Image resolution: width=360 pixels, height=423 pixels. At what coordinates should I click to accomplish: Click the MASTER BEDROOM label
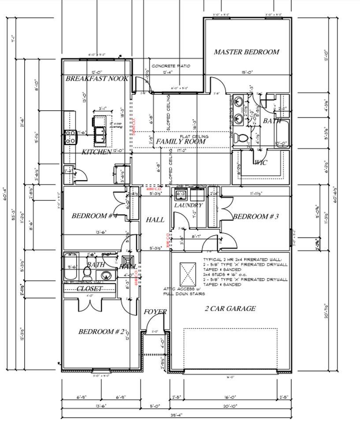pyautogui.click(x=246, y=52)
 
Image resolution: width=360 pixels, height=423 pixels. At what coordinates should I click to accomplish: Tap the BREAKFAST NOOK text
pyautogui.click(x=97, y=79)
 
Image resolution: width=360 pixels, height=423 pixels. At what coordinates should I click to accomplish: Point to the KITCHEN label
pyautogui.click(x=96, y=152)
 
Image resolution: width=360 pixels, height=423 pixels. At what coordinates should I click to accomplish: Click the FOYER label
pyautogui.click(x=156, y=312)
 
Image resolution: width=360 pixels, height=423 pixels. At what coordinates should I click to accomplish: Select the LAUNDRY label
pyautogui.click(x=188, y=205)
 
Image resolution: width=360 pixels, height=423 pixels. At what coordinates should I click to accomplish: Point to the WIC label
pyautogui.click(x=260, y=163)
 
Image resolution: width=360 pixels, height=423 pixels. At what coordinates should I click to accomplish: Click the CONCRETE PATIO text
pyautogui.click(x=171, y=66)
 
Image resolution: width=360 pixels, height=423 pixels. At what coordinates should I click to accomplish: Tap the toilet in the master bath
pyautogui.click(x=241, y=138)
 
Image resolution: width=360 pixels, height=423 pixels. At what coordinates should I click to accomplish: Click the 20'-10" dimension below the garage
pyautogui.click(x=231, y=406)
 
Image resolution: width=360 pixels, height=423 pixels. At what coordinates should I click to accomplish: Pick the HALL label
pyautogui.click(x=155, y=219)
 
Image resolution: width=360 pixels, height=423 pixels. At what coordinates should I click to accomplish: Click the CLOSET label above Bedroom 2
pyautogui.click(x=89, y=289)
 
